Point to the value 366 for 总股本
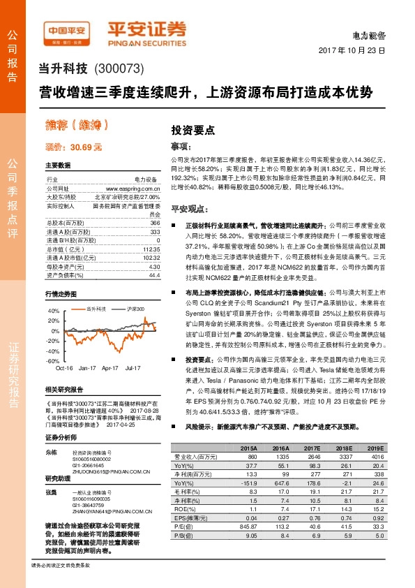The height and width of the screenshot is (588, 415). coord(156,221)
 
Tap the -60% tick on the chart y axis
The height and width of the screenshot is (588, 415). coord(54,360)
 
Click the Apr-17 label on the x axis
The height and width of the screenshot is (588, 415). coord(110,367)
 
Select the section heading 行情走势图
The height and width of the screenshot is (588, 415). coord(61,294)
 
